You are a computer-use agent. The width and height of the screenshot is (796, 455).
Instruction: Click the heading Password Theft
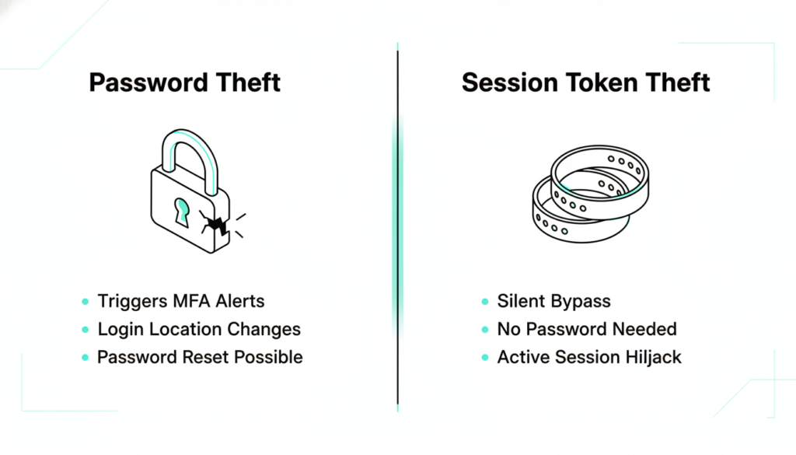pos(185,82)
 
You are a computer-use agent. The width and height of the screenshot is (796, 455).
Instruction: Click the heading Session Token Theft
pos(586,82)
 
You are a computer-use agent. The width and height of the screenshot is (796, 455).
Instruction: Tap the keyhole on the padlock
pos(182,212)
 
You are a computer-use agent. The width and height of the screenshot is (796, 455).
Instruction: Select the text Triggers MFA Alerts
pos(180,301)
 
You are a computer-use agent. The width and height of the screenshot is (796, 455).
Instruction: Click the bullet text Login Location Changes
pos(199,329)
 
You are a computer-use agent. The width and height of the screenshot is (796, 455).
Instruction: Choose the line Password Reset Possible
pos(200,357)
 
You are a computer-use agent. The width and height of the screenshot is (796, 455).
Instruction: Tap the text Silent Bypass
pos(553,301)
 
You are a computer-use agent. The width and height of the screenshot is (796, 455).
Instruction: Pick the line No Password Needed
pos(587,329)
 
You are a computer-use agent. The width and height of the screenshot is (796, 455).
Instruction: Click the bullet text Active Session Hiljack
pos(589,357)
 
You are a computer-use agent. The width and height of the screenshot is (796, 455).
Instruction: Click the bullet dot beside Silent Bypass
pos(485,302)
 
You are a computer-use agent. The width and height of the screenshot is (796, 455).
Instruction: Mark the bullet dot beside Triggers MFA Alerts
pos(86,302)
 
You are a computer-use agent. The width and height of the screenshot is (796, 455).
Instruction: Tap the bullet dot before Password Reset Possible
pos(86,358)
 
